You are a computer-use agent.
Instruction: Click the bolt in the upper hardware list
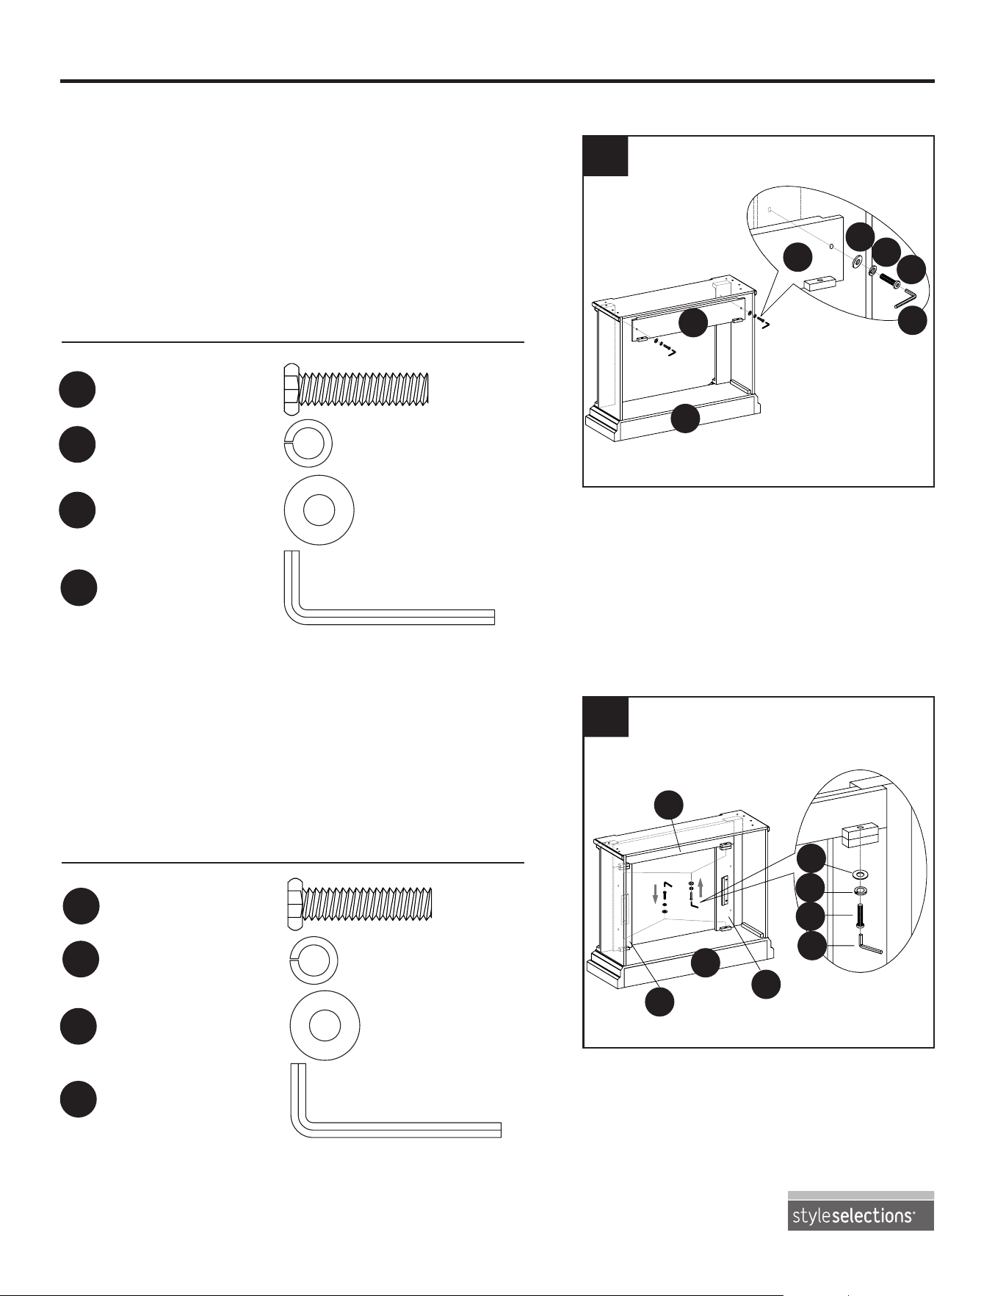pos(355,389)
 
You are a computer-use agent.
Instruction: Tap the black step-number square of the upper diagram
pos(605,156)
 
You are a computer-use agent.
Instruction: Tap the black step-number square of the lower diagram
pos(605,717)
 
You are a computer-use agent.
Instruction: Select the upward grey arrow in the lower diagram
pos(701,886)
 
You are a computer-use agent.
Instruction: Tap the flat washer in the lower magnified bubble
pos(861,875)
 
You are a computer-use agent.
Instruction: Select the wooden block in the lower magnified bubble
pos(861,835)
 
